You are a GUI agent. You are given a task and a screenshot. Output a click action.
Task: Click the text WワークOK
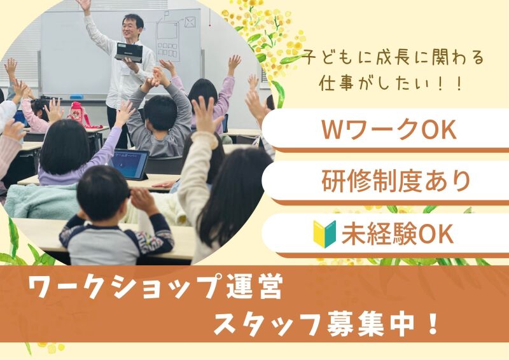[389, 130]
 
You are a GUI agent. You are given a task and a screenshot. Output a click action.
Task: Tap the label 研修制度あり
[396, 181]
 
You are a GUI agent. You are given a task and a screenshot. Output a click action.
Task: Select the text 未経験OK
[397, 234]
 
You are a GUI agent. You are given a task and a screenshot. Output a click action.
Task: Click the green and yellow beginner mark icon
[324, 234]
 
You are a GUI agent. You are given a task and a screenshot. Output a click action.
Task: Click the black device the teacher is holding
[129, 52]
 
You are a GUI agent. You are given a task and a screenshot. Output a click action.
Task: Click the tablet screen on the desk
[129, 164]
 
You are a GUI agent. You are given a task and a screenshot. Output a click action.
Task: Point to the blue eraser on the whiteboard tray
[76, 97]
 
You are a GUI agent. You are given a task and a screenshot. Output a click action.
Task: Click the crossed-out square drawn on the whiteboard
[190, 22]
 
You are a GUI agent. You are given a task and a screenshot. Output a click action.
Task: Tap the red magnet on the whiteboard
[210, 25]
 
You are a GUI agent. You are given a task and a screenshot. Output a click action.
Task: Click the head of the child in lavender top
[65, 147]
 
